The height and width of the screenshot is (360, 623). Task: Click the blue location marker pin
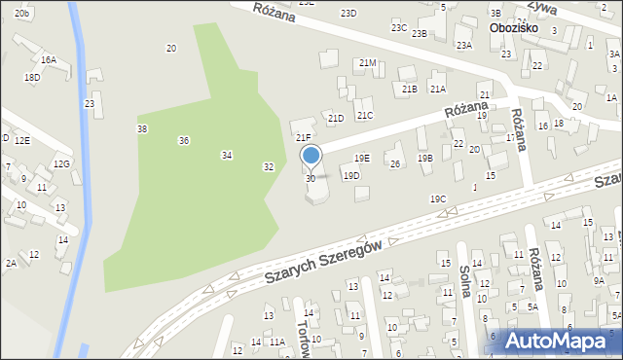point(311,155)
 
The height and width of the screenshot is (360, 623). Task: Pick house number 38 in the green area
point(142,128)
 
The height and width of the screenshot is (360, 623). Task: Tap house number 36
point(184,141)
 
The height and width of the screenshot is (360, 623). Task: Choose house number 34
point(227,155)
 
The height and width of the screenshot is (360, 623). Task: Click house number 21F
point(304,138)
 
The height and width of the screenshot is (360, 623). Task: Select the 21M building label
point(367,62)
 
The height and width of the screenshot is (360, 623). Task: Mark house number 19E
point(361,158)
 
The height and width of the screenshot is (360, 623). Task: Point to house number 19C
point(438,198)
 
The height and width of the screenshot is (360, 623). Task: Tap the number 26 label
point(395,163)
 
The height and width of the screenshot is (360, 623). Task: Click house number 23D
point(348,13)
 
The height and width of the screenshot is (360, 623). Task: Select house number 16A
point(49,60)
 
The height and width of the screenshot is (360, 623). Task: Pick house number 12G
point(62,163)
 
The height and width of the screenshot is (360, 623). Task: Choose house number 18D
point(32,77)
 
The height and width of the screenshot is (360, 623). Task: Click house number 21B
point(410,89)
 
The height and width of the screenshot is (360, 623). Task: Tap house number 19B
point(424,158)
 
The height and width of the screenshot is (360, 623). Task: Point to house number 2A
point(11,263)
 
